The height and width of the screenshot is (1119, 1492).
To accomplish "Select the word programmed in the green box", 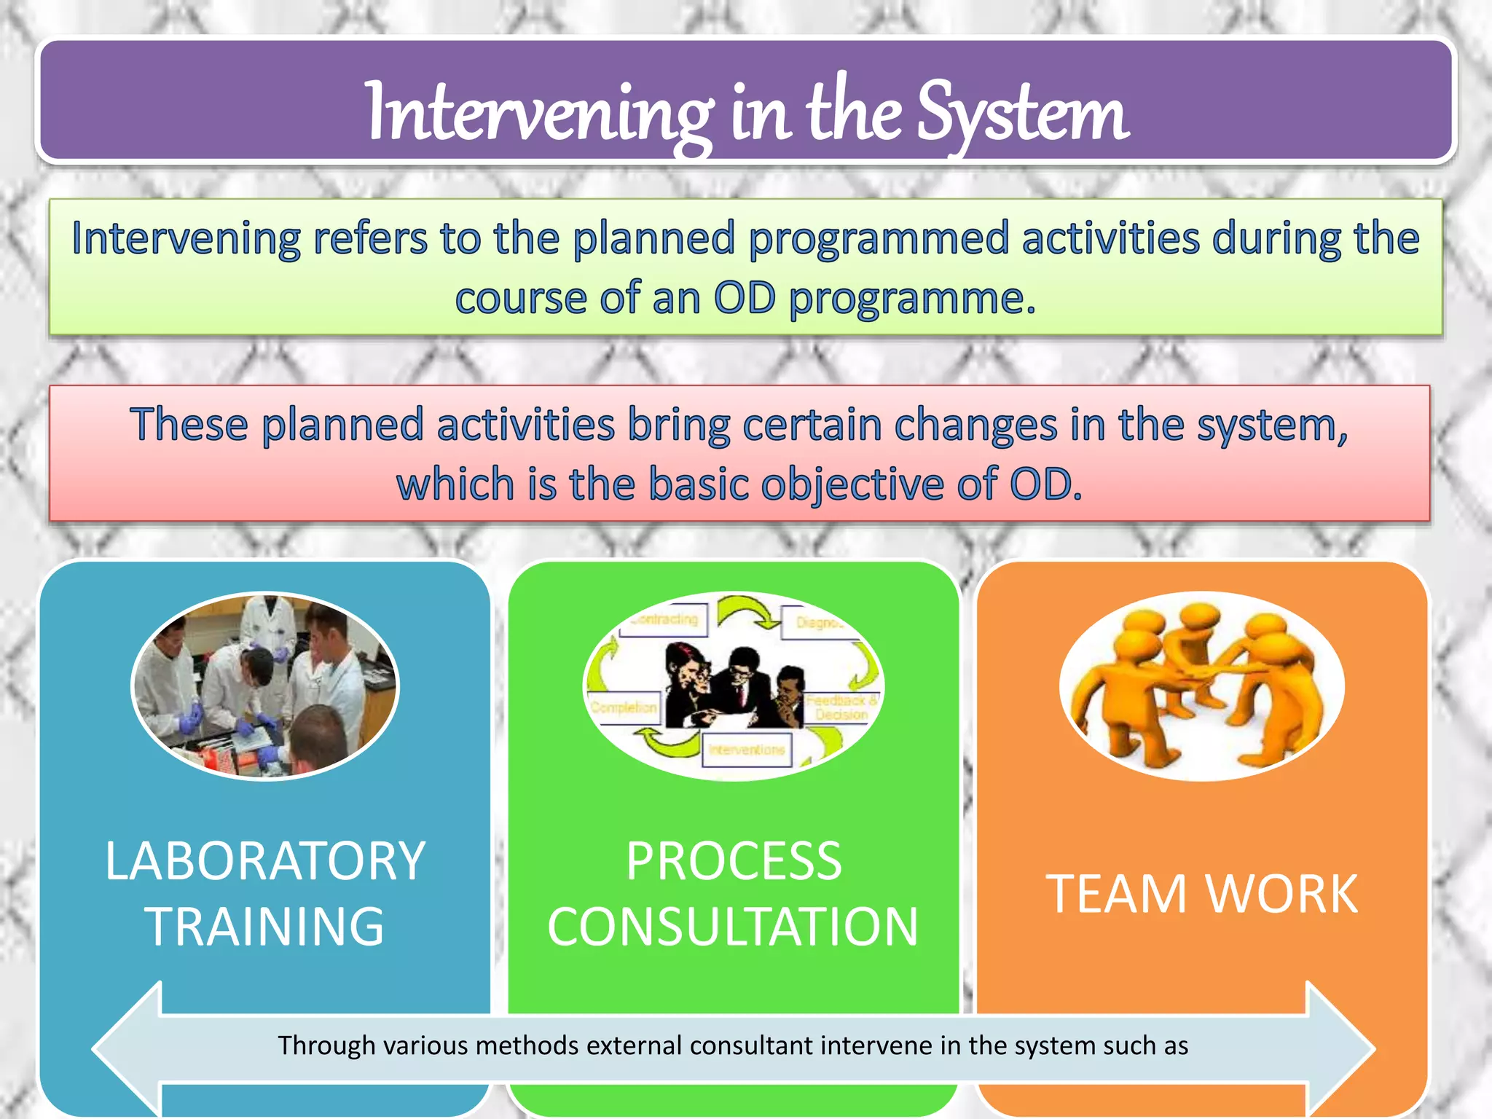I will pos(878,239).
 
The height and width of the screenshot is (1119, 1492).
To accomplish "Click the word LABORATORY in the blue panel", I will pos(265,861).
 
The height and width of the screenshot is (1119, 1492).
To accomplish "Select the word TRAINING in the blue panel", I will pos(265,927).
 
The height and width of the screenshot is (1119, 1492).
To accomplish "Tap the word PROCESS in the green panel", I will pos(734,861).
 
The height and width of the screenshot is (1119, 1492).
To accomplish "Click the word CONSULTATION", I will pos(734,927).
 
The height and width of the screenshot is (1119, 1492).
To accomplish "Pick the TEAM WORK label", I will pos(1202,894).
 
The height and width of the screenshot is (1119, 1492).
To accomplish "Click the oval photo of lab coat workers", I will pos(265,686).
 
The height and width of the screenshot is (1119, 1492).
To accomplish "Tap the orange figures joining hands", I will pos(1202,686).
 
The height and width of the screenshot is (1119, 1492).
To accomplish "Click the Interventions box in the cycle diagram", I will pos(747,750).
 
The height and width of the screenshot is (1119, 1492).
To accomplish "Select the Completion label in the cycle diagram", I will pos(624,707).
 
